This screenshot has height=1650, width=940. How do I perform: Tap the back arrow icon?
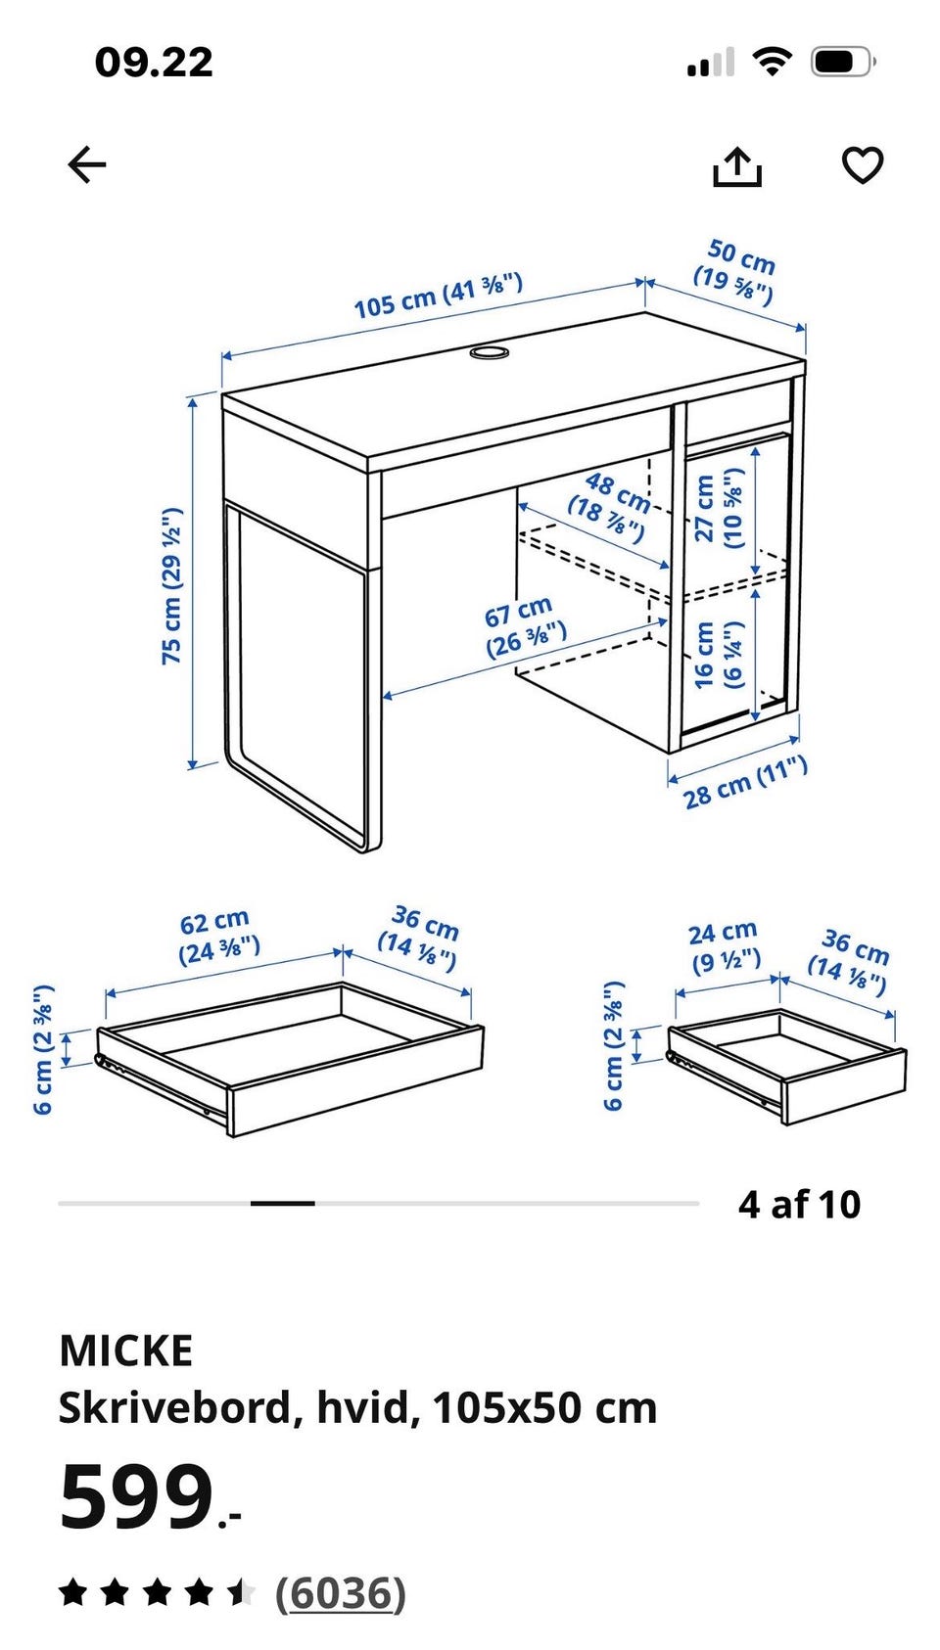pyautogui.click(x=87, y=164)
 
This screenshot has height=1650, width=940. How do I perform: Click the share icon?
pyautogui.click(x=736, y=166)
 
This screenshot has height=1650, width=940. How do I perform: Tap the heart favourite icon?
pyautogui.click(x=863, y=165)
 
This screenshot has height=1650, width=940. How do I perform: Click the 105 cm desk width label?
pyautogui.click(x=438, y=296)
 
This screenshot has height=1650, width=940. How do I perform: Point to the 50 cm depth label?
pyautogui.click(x=735, y=271)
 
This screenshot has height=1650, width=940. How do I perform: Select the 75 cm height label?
pyautogui.click(x=171, y=585)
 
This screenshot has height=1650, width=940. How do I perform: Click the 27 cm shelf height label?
pyautogui.click(x=718, y=508)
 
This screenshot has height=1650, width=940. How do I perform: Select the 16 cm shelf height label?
pyautogui.click(x=718, y=655)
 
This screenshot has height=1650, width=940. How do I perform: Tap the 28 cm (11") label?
pyautogui.click(x=744, y=782)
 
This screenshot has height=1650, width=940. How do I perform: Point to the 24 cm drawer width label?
pyautogui.click(x=724, y=946)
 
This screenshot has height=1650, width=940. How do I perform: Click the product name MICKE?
pyautogui.click(x=126, y=1351)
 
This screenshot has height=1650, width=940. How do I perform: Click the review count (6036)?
pyautogui.click(x=341, y=1594)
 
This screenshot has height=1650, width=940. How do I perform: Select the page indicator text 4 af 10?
pyautogui.click(x=799, y=1205)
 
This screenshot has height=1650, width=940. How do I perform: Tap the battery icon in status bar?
pyautogui.click(x=843, y=62)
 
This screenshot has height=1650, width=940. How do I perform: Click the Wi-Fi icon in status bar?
pyautogui.click(x=772, y=61)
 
